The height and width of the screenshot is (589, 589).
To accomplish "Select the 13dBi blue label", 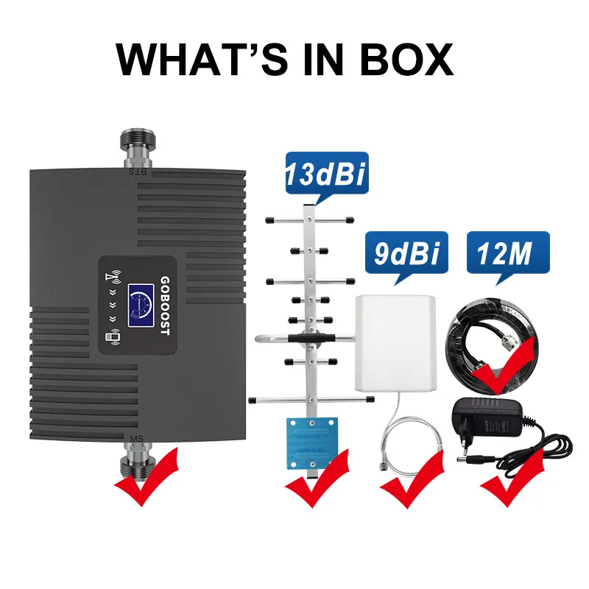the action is tap(323, 177).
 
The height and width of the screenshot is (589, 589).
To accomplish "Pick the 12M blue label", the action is tap(507, 254).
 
